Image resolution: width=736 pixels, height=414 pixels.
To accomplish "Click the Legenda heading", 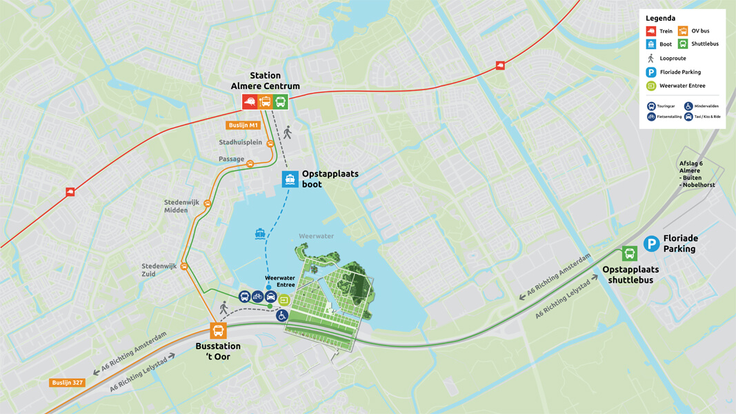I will pos(660,18).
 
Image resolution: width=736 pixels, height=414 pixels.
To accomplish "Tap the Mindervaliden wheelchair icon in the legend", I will pos(688,106).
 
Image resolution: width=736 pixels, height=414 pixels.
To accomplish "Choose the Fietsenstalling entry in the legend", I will pos(665,117).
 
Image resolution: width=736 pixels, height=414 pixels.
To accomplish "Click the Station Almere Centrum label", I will pos(265,81).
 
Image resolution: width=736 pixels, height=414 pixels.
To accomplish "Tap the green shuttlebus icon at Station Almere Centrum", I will pos(280,102).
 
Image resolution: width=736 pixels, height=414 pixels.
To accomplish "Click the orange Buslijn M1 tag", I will pos(243,126).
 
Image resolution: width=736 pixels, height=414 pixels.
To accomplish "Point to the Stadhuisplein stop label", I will pos(240,143).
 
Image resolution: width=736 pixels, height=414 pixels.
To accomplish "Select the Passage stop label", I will pos(231,159).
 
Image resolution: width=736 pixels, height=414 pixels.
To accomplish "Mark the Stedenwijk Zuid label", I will pos(159,270).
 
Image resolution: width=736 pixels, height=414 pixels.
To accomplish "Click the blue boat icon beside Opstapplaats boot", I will pos(290,179).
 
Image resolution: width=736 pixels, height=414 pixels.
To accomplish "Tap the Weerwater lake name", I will pos(316,236).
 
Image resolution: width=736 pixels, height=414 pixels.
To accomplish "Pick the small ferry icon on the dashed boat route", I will pos(260,234).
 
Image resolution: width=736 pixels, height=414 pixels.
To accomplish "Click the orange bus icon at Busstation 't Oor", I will pos(218,331).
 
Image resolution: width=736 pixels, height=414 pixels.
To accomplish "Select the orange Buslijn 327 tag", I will pos(67,382).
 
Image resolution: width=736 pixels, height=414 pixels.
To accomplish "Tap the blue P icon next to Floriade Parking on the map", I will pos(651,244).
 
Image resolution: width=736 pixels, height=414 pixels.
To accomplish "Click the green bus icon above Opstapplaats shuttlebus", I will pos(629,253).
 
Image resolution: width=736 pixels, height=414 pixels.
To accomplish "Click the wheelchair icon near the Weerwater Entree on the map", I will pos(281,315).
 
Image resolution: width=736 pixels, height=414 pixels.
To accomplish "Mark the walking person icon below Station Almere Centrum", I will pos(288,132).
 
